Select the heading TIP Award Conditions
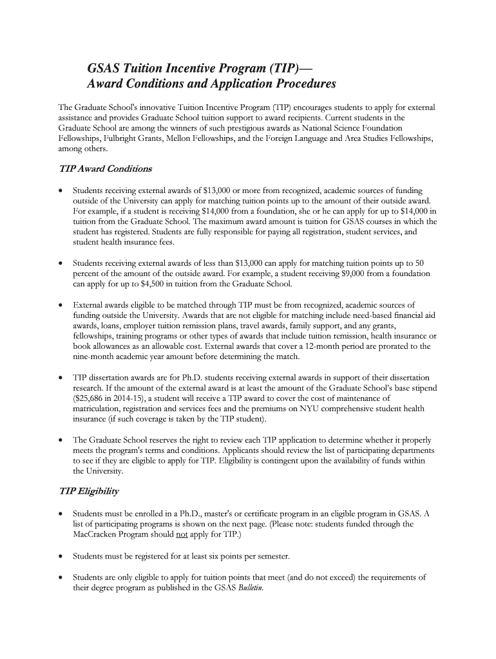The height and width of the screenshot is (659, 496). pyautogui.click(x=105, y=169)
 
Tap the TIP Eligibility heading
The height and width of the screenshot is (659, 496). pyautogui.click(x=89, y=491)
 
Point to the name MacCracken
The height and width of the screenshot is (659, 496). pyautogui.click(x=97, y=535)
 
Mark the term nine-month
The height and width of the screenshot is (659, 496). pyautogui.click(x=94, y=357)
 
